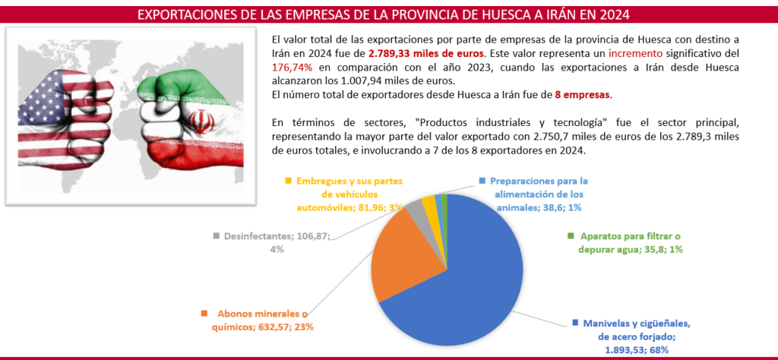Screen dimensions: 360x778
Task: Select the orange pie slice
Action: coord(394,251)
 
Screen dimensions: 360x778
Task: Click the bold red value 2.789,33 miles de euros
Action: coord(426,54)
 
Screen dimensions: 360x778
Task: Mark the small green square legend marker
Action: coord(571,237)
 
